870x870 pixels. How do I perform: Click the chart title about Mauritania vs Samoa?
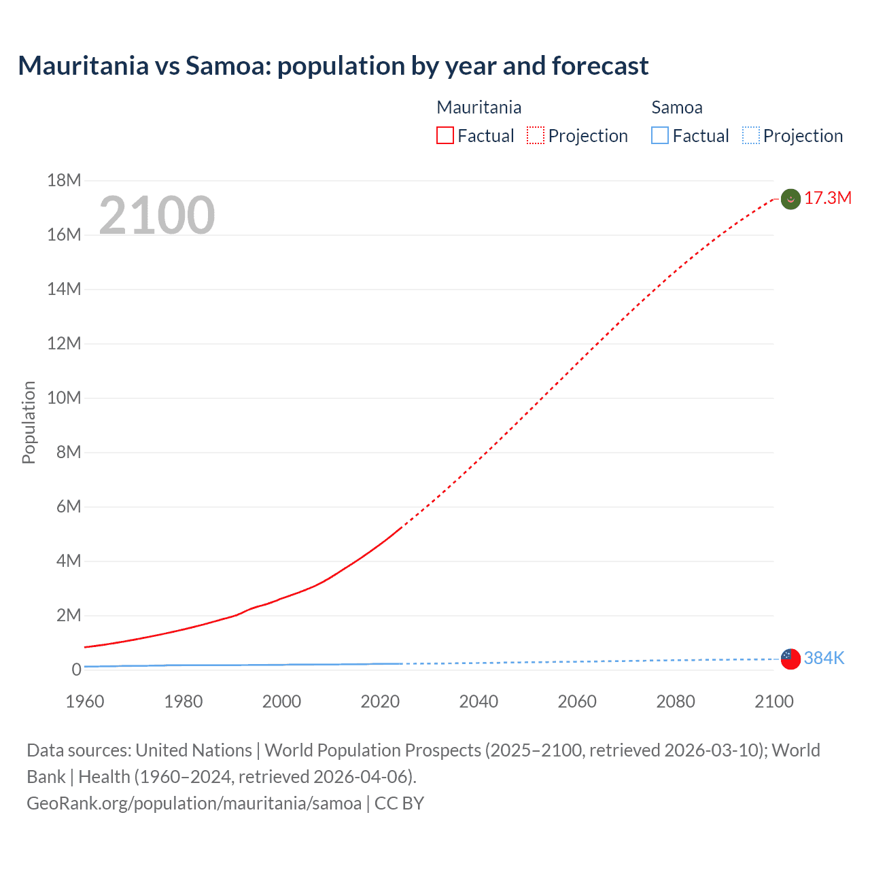click(x=333, y=66)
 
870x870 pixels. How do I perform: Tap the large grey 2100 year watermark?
click(x=157, y=215)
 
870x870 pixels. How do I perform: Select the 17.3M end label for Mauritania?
click(x=827, y=198)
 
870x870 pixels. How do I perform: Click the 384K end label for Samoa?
click(x=824, y=658)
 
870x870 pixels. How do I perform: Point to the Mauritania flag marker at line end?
click(x=790, y=199)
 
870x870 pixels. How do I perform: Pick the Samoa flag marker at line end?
click(x=790, y=659)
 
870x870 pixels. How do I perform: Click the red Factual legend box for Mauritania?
click(x=445, y=136)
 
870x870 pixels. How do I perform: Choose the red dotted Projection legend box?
click(x=536, y=136)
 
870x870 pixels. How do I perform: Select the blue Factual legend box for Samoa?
click(x=660, y=136)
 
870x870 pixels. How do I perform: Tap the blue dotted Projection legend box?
click(x=751, y=136)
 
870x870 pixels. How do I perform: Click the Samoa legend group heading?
click(x=676, y=107)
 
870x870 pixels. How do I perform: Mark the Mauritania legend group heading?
click(x=478, y=107)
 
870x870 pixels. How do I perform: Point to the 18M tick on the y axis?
click(x=64, y=180)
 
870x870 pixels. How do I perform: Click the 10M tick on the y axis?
click(x=64, y=398)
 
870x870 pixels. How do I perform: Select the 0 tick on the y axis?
click(x=76, y=669)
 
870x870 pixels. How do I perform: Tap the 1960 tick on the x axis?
click(x=85, y=701)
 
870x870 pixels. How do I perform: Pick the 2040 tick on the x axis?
click(x=478, y=701)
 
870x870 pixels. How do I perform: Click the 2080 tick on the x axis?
click(x=676, y=701)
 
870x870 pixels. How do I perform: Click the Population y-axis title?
click(x=29, y=422)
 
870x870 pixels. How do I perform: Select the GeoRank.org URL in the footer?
click(x=194, y=803)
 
